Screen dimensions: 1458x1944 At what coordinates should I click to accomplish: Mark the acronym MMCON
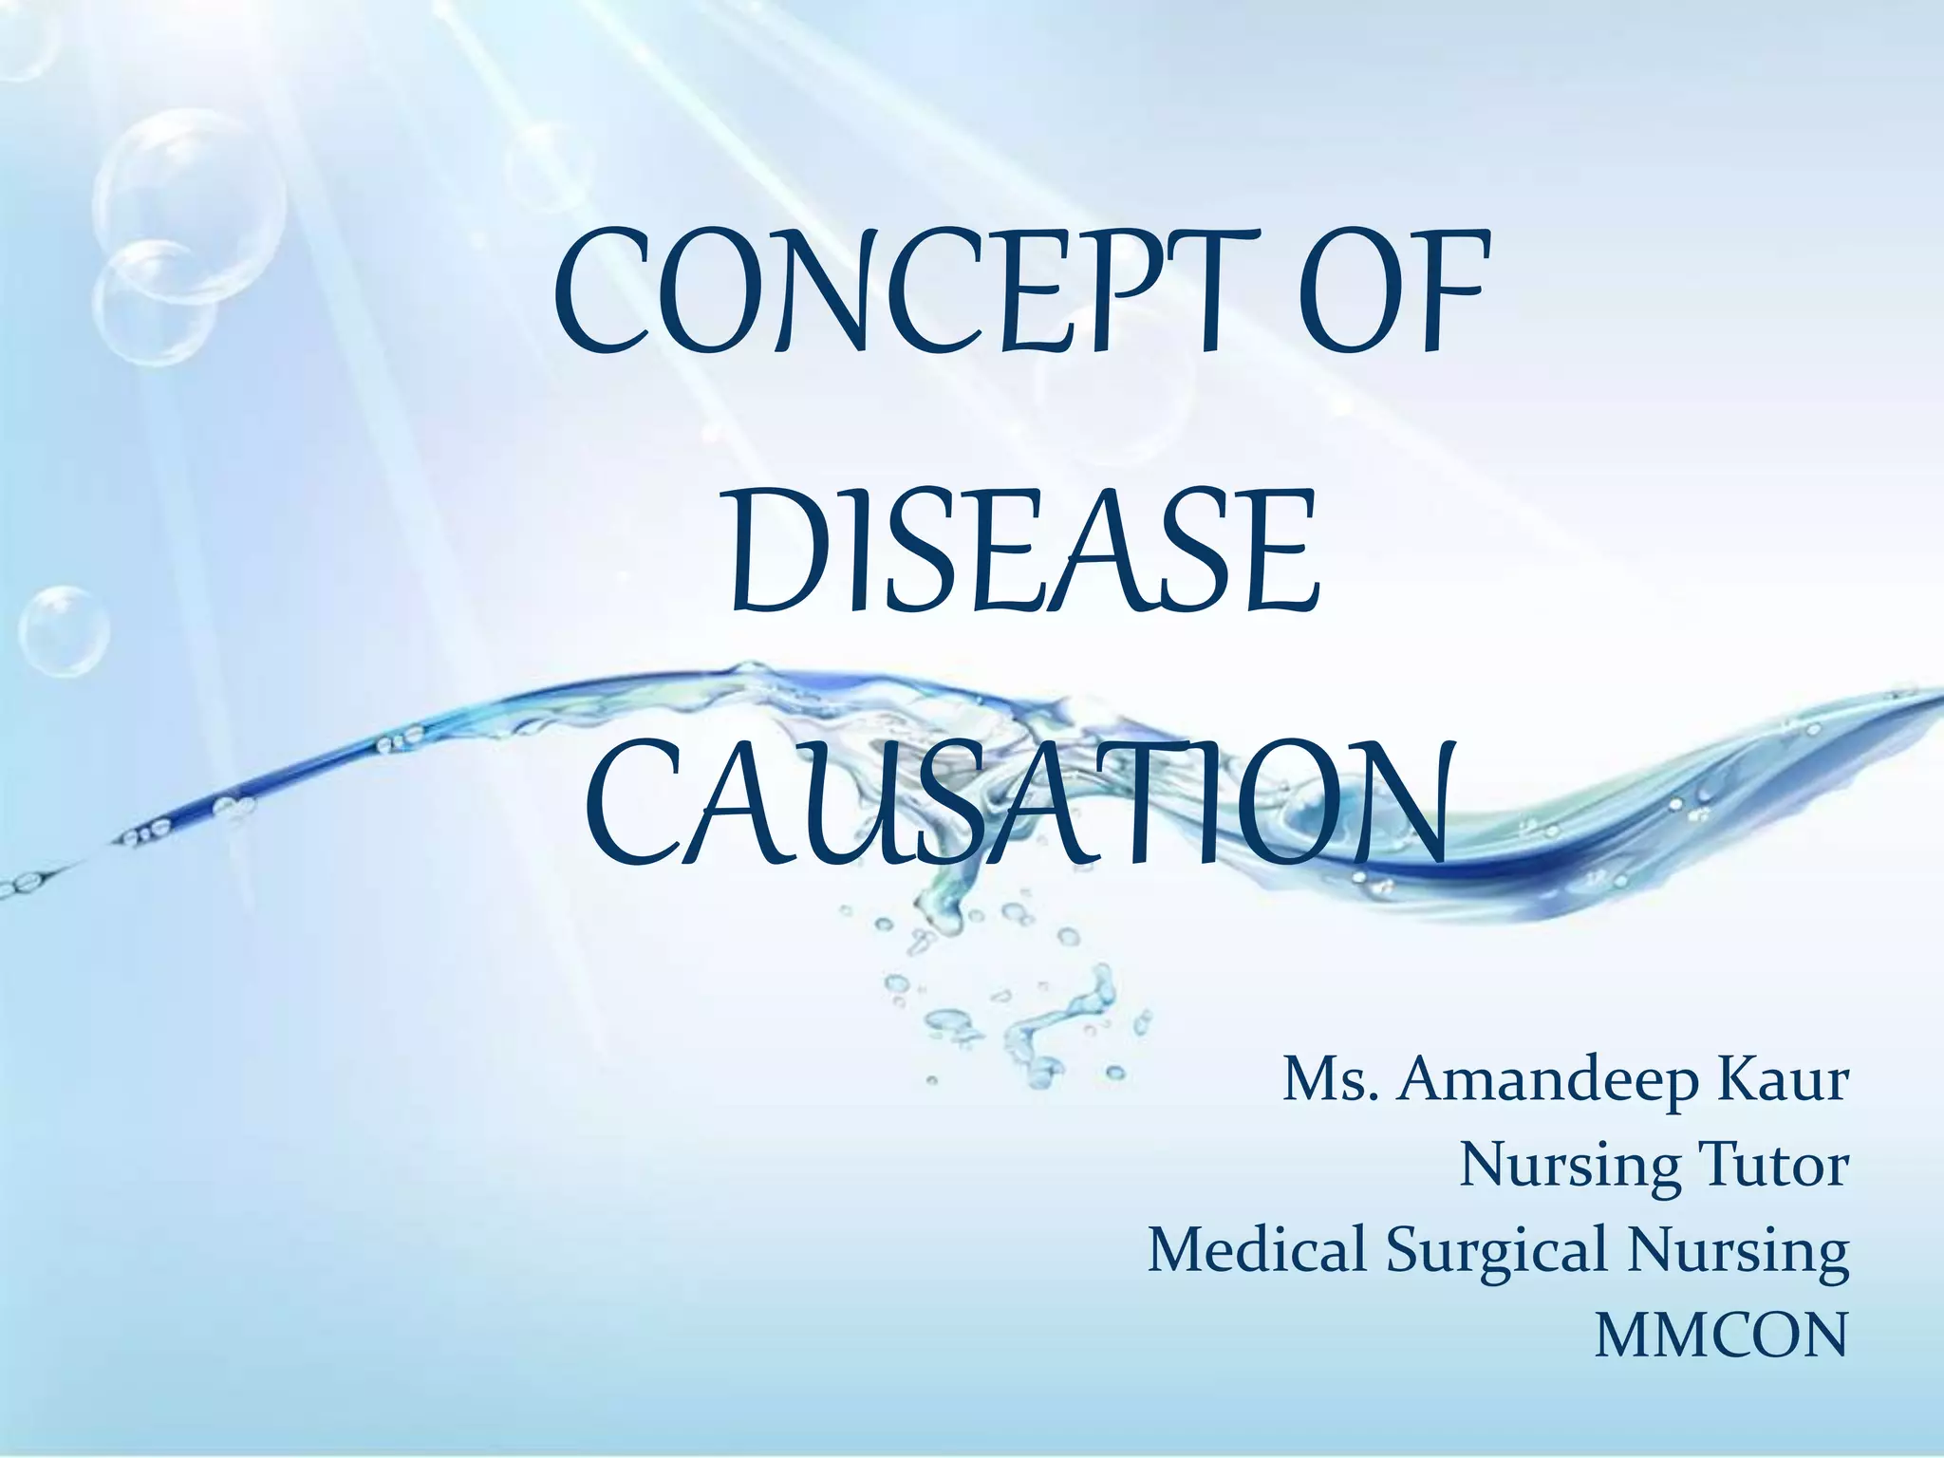click(1720, 1335)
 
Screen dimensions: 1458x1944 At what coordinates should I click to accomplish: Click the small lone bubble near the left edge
click(65, 631)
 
